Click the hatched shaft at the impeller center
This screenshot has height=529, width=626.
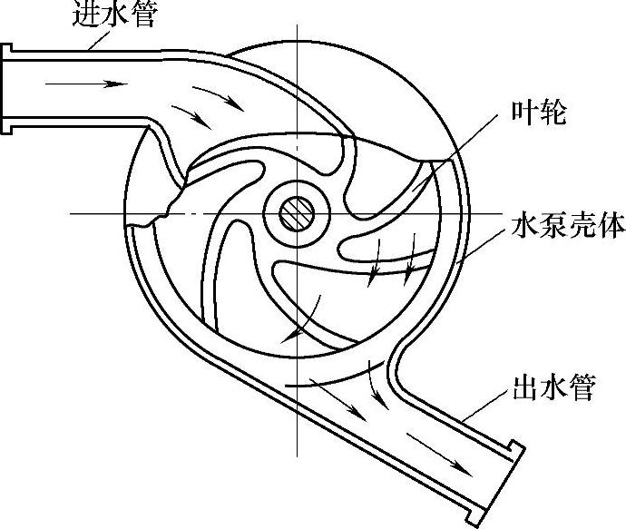[x=295, y=214]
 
